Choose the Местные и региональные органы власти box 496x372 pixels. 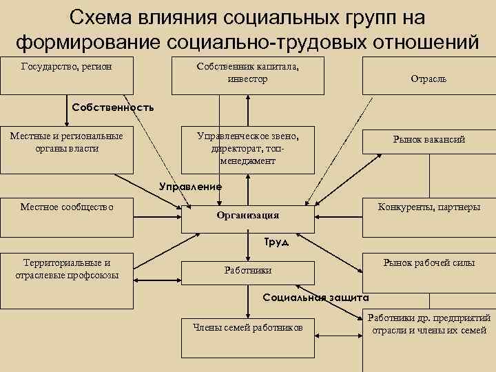67,149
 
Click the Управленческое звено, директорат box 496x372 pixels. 247,149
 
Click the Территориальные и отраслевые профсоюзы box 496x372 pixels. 67,282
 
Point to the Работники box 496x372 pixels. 247,271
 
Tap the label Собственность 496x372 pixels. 113,107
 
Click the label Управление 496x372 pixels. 190,186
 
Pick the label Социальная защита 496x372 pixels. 317,298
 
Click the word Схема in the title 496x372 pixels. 105,17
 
